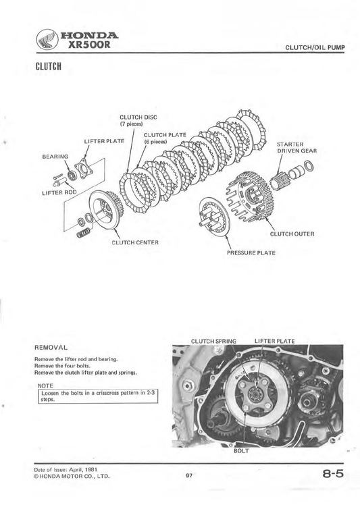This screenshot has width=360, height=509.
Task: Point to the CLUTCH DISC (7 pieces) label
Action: click(x=138, y=120)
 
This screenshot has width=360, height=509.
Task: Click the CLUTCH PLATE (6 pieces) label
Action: click(x=165, y=138)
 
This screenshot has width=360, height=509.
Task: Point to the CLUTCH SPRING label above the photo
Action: click(x=213, y=341)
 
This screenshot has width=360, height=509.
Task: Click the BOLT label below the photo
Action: click(x=241, y=450)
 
